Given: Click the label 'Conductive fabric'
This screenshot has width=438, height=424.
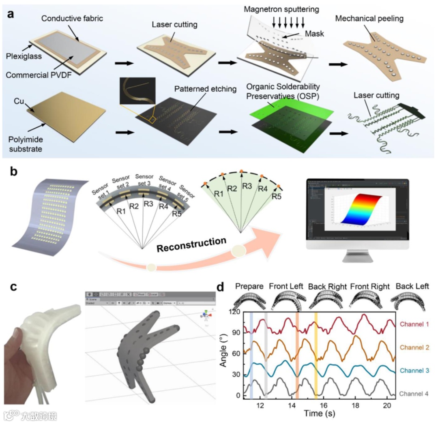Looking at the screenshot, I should pos(72,19).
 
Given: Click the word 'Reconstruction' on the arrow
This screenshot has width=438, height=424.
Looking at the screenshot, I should pos(192,246).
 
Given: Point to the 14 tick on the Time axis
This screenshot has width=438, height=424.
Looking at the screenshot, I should pos(292,405).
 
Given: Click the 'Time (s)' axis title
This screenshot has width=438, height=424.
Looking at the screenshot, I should pos(319,414).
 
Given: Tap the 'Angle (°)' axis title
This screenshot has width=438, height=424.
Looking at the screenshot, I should pos(223,354).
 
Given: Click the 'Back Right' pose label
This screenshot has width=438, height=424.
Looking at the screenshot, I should pos(327,287).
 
